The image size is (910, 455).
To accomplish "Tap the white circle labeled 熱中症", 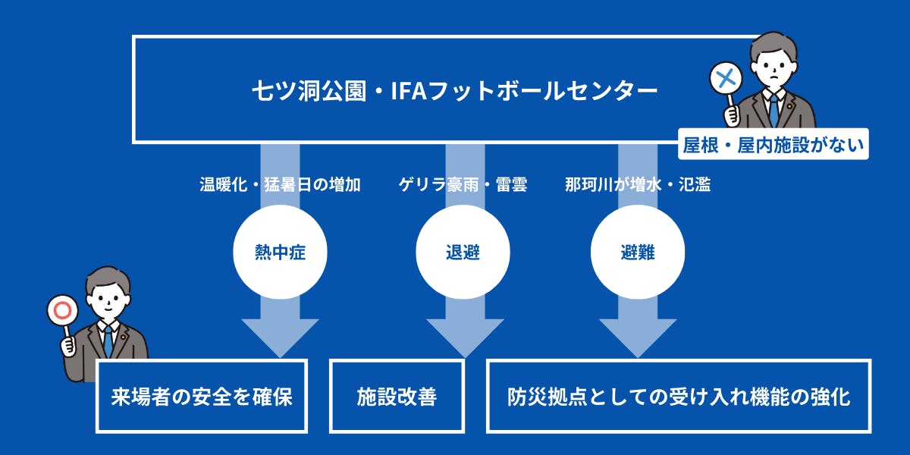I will (280, 253).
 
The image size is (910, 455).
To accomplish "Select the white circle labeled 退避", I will (463, 253).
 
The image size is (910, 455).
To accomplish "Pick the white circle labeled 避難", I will (637, 253).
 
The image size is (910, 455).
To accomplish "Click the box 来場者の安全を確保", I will (202, 397).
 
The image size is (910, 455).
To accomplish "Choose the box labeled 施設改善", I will (397, 397).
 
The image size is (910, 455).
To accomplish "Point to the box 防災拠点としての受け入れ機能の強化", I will (679, 397).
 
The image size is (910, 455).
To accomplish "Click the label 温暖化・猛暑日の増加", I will (280, 184).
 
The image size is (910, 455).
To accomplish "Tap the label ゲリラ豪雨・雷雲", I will (463, 184).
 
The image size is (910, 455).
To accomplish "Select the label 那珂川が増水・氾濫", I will (637, 184).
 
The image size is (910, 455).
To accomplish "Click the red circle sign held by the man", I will (60, 310).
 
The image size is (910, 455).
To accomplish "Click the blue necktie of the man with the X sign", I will (773, 110).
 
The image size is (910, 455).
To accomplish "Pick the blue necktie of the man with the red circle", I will (108, 341).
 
